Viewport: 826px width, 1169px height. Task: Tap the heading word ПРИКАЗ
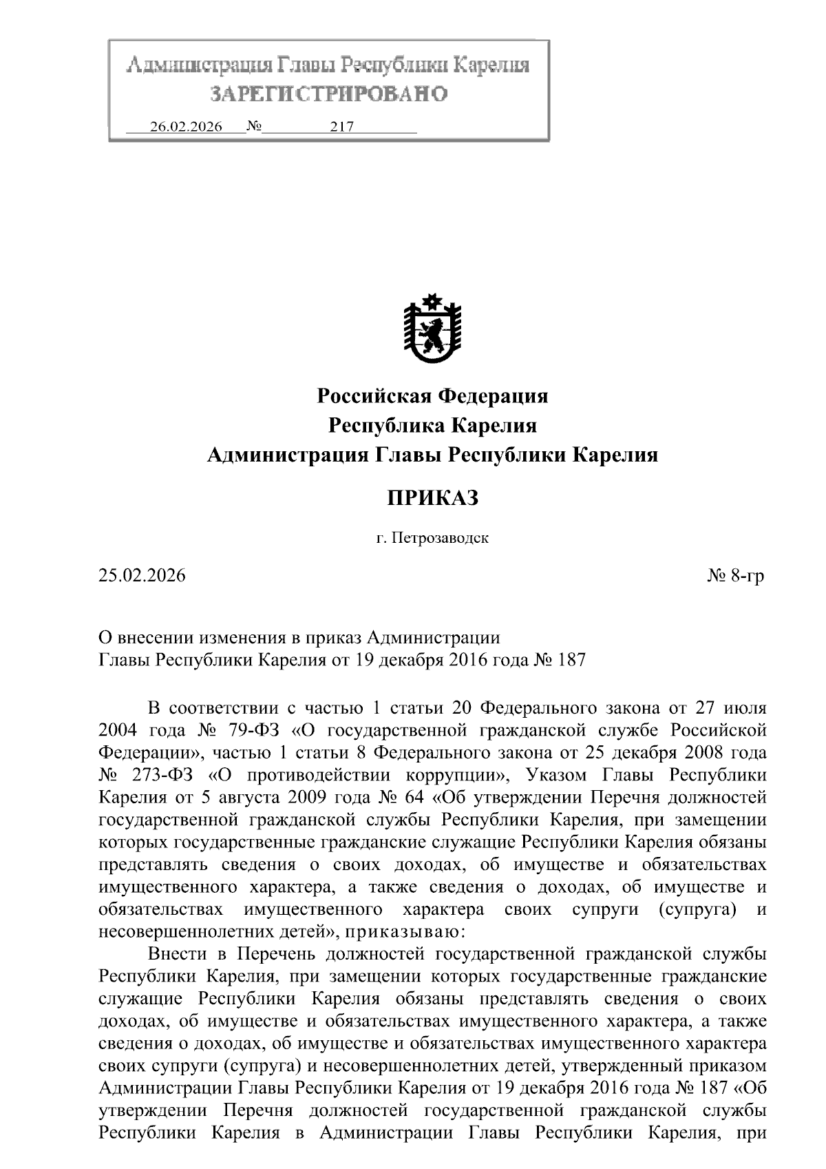(432, 498)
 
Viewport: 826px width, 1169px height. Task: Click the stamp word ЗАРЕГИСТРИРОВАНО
(328, 94)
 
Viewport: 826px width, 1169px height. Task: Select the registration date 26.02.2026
(186, 127)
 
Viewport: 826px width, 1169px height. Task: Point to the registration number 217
(342, 127)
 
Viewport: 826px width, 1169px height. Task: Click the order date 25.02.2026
(142, 576)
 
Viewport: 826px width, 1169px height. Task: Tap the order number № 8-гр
(736, 576)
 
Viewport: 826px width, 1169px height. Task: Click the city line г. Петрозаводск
(432, 538)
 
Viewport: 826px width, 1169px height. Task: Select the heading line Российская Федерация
(432, 396)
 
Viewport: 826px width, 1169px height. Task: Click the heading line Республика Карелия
(432, 426)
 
